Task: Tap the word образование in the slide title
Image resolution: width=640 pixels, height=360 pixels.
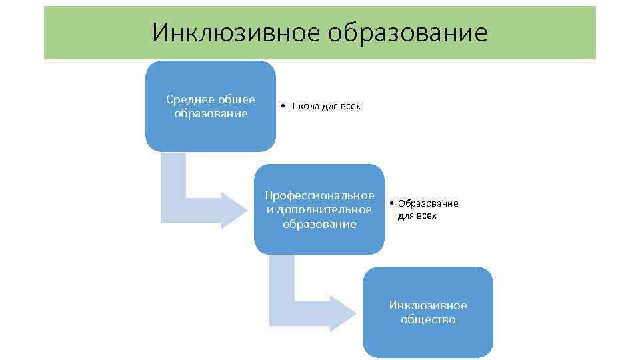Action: coord(407,32)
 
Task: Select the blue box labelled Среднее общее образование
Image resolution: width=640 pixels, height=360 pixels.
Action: coord(211,133)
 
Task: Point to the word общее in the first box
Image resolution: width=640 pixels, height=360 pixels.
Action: coord(238,99)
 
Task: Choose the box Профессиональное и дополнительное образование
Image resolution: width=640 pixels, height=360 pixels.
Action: coord(319,237)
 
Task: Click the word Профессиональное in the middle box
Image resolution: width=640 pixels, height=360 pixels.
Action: coord(319,195)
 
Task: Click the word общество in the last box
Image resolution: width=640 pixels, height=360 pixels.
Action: coord(428,319)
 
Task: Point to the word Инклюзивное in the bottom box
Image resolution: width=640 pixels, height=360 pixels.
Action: coord(428,305)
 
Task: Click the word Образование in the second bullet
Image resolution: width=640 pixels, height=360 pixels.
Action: coord(428,203)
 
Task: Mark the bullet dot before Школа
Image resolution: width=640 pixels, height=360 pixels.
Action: coord(283,107)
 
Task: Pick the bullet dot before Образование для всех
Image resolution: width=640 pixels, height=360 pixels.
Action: coord(393,203)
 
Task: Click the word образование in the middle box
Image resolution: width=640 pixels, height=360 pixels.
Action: coord(319,224)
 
